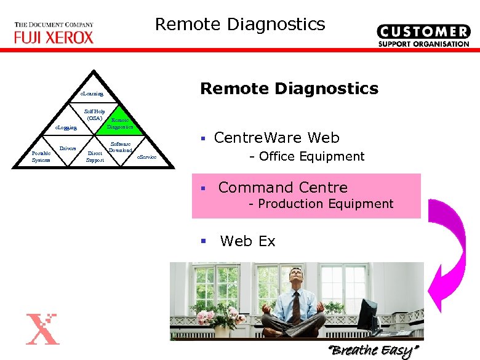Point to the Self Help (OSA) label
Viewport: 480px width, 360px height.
coord(95,114)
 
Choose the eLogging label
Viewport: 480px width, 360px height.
coord(66,127)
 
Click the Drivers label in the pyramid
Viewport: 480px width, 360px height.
coord(68,148)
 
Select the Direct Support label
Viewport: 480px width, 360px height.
coord(95,156)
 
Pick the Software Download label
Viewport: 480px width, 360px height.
coord(121,146)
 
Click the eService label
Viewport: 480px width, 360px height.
coord(146,158)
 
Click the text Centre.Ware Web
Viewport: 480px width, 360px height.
coord(276,138)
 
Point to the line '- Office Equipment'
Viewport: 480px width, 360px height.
coord(306,156)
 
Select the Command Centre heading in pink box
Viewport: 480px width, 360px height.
coord(282,188)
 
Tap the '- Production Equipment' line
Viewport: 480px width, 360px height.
coord(321,204)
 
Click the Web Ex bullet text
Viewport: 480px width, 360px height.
coord(247,241)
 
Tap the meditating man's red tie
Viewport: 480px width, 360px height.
coord(296,306)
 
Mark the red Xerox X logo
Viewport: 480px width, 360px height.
coord(44,329)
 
